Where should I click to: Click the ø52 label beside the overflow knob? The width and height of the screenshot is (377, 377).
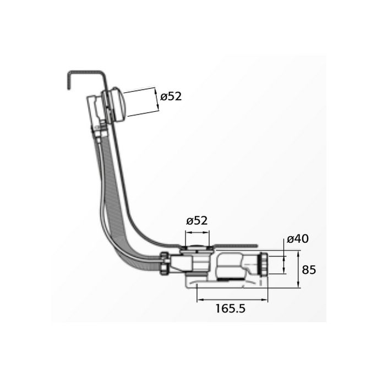pos(171,96)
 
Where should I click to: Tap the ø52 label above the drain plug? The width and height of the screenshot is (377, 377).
pos(196,221)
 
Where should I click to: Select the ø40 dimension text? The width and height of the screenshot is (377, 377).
pos(297,239)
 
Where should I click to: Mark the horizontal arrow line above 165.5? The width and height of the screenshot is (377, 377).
pos(232,299)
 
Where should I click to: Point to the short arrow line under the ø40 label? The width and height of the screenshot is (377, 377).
pos(284,263)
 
